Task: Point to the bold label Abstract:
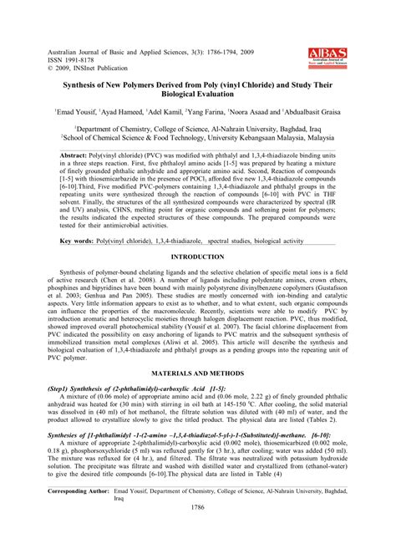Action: pyautogui.click(x=76, y=155)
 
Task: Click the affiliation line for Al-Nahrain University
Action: pyautogui.click(x=197, y=130)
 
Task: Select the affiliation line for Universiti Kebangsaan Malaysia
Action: pyautogui.click(x=197, y=139)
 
